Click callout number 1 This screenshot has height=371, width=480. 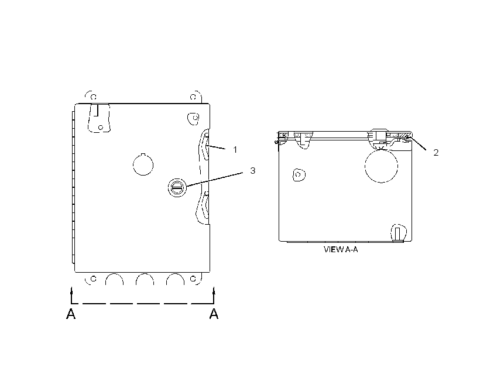pyautogui.click(x=235, y=150)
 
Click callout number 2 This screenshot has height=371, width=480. pyautogui.click(x=436, y=153)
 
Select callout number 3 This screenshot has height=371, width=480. pyautogui.click(x=252, y=170)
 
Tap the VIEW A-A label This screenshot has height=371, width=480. pyautogui.click(x=341, y=249)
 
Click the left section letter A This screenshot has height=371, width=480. pyautogui.click(x=71, y=314)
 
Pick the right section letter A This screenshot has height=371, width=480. pyautogui.click(x=214, y=314)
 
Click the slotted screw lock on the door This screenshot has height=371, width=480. pyautogui.click(x=177, y=187)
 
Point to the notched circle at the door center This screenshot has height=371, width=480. pyautogui.click(x=143, y=164)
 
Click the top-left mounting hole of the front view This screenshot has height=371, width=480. pyautogui.click(x=94, y=97)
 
